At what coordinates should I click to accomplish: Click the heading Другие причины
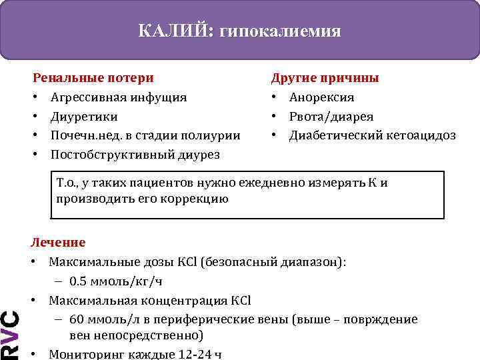tap(325, 78)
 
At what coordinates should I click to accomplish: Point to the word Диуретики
tap(84, 117)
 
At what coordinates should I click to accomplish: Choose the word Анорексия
tap(321, 97)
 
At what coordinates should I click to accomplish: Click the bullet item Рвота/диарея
tap(331, 117)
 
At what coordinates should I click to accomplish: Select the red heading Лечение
tap(59, 243)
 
